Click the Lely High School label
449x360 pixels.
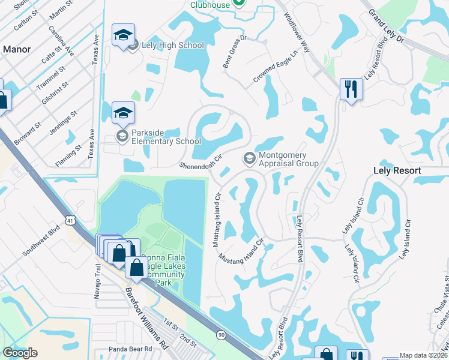pos(173,45)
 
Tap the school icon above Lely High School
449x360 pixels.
pos(123,35)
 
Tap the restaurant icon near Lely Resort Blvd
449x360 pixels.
pos(351,89)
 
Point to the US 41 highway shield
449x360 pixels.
pos(71,221)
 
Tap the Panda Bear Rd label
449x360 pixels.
pos(132,349)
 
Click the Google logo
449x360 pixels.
pos(20,353)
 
